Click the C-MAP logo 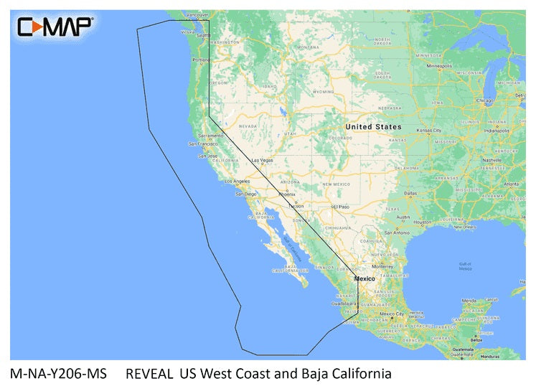(55, 27)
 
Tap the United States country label (373, 127)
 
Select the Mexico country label (365, 278)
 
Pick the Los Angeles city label (237, 181)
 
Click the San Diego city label (245, 194)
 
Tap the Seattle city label (204, 35)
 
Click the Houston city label (423, 222)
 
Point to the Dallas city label (410, 193)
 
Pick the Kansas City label (429, 131)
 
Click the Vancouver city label (196, 14)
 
